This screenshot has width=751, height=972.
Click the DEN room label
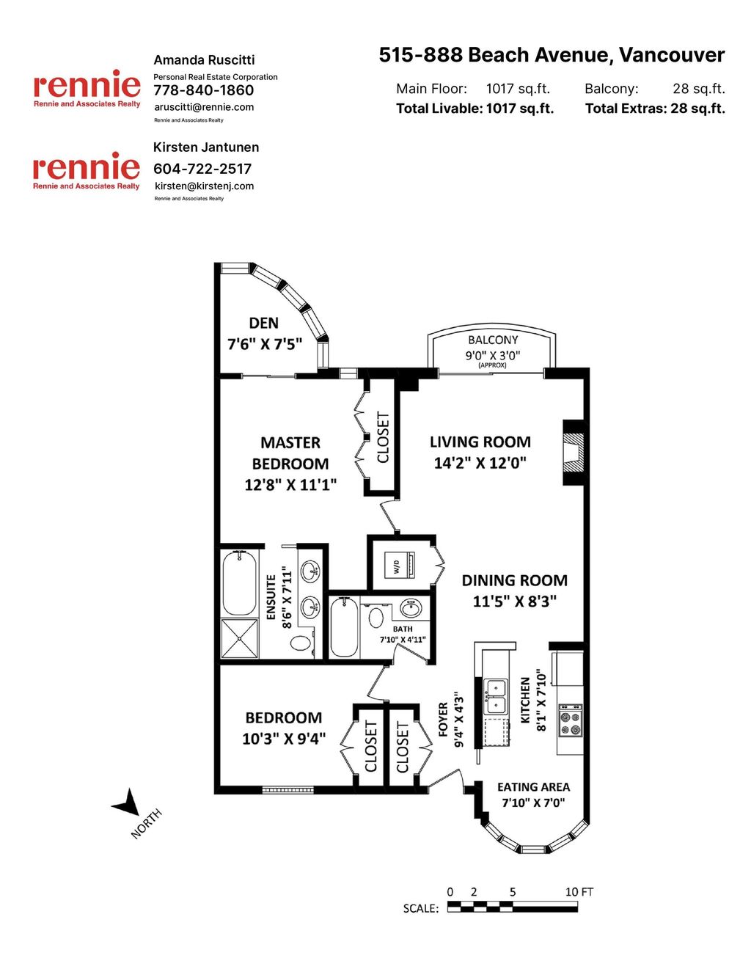click(x=263, y=324)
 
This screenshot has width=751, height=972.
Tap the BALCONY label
click(x=493, y=340)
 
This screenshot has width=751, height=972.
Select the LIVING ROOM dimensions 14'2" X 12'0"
click(x=480, y=463)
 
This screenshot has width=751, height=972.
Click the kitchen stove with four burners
click(x=570, y=720)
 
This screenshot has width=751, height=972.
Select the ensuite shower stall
click(x=240, y=638)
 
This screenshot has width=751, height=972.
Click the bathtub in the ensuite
click(x=240, y=582)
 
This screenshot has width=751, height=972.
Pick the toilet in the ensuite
click(x=301, y=643)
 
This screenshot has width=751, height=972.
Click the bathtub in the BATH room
click(x=343, y=628)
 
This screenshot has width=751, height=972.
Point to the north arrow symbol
click(x=128, y=803)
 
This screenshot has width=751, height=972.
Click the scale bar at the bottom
click(x=512, y=907)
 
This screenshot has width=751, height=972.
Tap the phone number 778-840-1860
click(x=203, y=90)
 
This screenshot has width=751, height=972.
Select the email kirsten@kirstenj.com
click(x=204, y=186)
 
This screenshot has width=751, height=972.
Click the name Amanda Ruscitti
click(x=204, y=60)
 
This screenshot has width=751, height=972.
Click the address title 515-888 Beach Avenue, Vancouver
click(x=552, y=55)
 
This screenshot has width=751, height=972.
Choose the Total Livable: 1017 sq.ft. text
click(x=475, y=109)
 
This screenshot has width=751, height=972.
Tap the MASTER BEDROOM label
click(x=290, y=453)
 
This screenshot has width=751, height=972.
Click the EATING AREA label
click(x=533, y=787)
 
